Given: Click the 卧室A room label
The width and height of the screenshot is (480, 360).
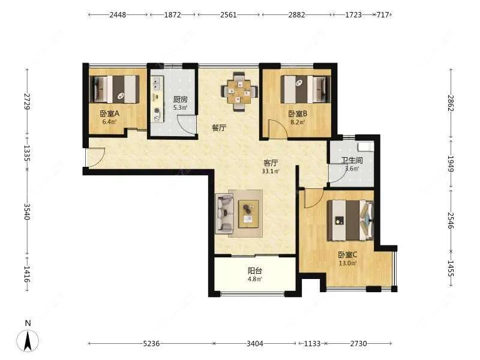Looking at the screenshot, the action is (109, 113).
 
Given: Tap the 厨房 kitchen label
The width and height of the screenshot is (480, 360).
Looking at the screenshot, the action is (180, 100).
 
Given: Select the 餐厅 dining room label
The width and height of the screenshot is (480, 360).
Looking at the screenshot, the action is (219, 128).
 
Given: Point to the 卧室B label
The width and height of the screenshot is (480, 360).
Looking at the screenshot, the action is (298, 114).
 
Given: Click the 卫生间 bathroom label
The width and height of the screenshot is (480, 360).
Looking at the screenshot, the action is (352, 160).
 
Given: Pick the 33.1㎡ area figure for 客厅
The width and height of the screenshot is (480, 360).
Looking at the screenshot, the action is (271, 172).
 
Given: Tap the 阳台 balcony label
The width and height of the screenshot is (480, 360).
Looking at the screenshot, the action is (254, 271).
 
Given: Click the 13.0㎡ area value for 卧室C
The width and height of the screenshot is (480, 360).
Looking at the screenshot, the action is (347, 263).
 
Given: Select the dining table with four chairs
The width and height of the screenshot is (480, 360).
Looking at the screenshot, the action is (239, 91).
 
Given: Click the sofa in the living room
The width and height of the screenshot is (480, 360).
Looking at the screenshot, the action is (225, 214).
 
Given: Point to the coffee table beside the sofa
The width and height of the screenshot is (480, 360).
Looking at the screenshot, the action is (248, 214).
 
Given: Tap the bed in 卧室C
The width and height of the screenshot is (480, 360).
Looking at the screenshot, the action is (350, 220).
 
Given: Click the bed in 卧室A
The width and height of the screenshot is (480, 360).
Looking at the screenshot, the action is (116, 89).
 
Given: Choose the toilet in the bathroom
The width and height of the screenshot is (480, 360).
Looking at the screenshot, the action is (366, 146).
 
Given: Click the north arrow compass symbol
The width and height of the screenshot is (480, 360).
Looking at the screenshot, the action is (28, 340).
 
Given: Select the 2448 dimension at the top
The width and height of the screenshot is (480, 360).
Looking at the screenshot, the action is (118, 14).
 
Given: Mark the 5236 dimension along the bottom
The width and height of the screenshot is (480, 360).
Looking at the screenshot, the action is (151, 344).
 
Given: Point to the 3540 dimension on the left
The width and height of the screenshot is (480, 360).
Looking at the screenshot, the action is (27, 212).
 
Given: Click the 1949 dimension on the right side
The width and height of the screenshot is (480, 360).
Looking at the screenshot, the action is (451, 163).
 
